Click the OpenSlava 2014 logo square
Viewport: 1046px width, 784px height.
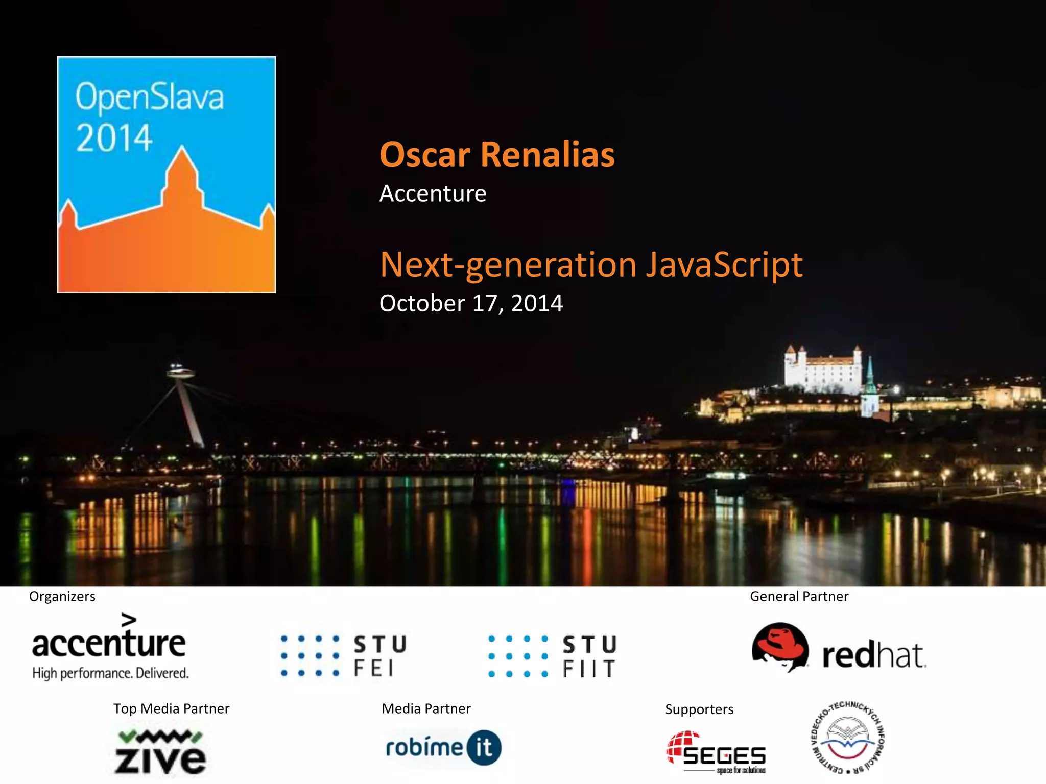pos(167,175)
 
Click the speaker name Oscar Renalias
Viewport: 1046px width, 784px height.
pos(497,155)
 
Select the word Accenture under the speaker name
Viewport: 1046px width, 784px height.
pos(433,193)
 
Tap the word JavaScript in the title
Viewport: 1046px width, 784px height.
pos(724,264)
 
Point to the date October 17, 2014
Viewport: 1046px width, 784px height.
pos(471,303)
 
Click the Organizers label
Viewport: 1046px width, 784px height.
pos(62,596)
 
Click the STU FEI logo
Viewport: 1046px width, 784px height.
pos(344,656)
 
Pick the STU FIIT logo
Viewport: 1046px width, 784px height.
pos(553,656)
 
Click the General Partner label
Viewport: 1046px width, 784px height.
pos(799,596)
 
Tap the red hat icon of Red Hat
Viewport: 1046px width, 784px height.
pos(780,647)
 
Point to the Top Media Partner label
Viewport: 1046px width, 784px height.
pos(171,708)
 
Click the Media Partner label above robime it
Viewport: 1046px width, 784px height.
pos(426,708)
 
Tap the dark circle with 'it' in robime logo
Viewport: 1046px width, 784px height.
pos(484,748)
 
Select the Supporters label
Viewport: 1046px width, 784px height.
pos(699,709)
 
